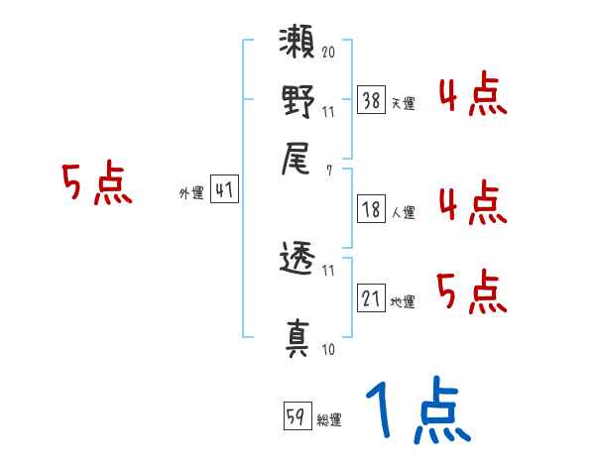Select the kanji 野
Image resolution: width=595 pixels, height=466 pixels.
tap(297, 102)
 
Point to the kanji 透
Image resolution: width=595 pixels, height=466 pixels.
tap(297, 262)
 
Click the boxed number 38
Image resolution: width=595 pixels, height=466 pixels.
tap(371, 100)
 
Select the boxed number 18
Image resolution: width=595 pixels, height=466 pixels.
tap(371, 209)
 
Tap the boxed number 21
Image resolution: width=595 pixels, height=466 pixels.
tap(371, 299)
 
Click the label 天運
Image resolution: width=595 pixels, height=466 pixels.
tap(403, 103)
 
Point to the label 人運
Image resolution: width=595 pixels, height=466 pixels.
tap(403, 212)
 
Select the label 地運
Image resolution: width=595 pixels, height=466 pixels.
tap(403, 302)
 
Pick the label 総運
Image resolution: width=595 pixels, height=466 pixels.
tap(329, 420)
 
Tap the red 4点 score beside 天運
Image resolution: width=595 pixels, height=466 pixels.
tap(472, 96)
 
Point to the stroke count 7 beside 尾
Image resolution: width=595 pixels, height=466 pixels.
tap(328, 170)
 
